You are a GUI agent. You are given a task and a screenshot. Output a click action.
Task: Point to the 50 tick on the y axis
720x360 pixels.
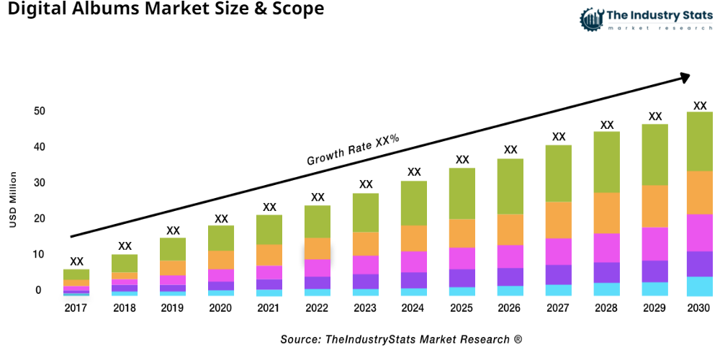38,111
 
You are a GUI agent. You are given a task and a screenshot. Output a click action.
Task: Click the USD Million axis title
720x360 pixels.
12,200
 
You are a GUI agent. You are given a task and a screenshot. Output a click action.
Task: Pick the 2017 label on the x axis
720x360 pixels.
76,308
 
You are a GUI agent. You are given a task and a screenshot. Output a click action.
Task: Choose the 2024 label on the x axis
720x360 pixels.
414,308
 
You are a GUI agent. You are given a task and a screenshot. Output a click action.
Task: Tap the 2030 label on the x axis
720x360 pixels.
699,308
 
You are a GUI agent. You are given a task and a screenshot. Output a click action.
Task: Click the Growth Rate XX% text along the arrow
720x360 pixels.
353,150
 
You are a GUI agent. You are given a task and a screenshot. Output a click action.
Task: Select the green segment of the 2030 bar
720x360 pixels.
699,141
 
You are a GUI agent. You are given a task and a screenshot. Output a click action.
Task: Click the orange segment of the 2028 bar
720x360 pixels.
607,213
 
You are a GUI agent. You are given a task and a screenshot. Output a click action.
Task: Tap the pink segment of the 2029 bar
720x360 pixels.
654,243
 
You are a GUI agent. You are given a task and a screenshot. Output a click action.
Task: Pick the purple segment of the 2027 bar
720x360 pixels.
559,274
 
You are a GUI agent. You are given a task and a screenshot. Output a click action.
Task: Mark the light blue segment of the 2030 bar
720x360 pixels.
699,286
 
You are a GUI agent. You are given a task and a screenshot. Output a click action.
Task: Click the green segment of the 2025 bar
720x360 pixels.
462,194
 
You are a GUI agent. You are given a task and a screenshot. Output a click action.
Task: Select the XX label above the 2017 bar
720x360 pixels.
76,261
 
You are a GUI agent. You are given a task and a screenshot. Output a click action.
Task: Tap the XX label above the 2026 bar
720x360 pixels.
510,150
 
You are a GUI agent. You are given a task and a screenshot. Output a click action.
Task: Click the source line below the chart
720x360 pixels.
401,338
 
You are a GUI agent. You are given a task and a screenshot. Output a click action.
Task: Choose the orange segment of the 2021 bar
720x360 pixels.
269,255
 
